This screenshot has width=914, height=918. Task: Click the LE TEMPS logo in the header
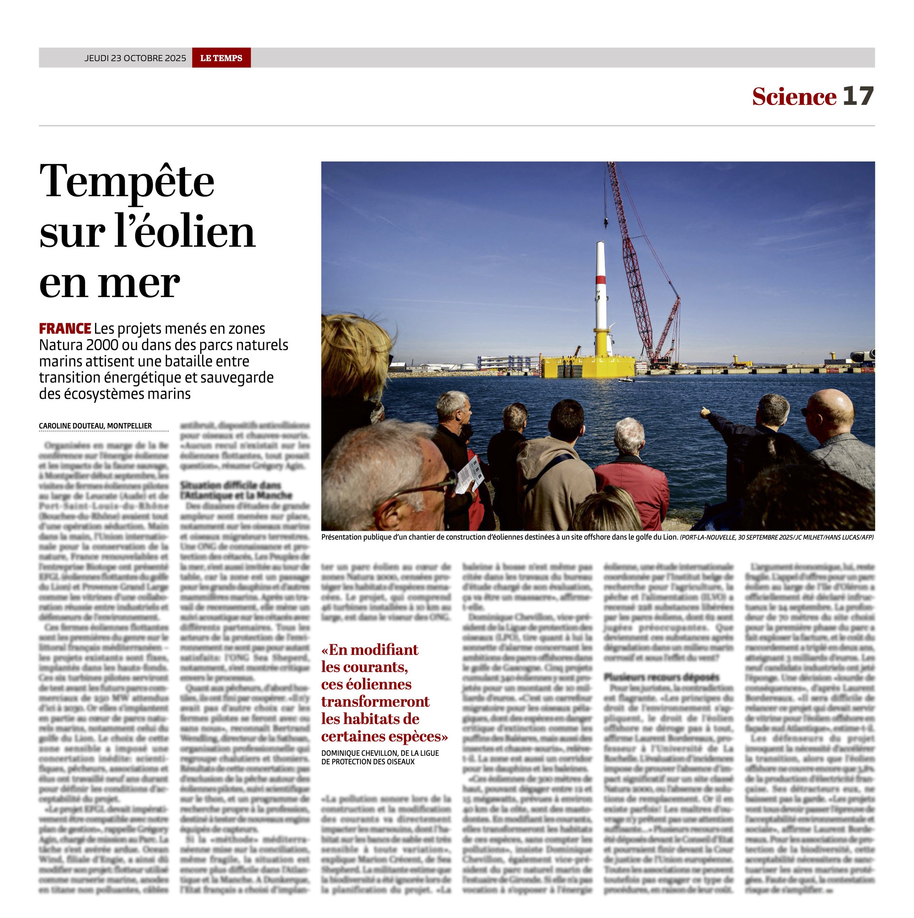point(221,58)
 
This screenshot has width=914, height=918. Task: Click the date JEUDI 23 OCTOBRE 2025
point(135,58)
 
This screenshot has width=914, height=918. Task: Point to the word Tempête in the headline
point(127,181)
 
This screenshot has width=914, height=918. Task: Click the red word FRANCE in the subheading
point(65,329)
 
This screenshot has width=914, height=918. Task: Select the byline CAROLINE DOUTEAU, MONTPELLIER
point(95,426)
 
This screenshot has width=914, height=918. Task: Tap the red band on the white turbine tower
point(601,280)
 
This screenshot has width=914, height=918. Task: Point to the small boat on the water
point(626,380)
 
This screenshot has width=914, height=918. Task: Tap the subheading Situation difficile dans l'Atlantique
point(236,490)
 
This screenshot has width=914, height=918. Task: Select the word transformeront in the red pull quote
point(375,701)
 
